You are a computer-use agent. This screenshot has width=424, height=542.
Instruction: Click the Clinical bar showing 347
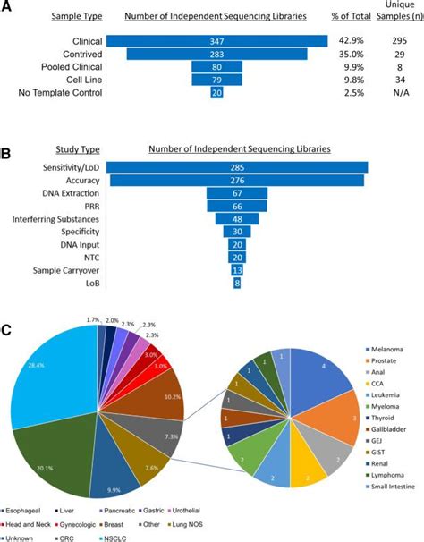coord(216,41)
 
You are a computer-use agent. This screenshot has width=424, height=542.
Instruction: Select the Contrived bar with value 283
coord(216,54)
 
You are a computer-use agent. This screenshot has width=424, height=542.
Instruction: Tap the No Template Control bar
coord(216,92)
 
